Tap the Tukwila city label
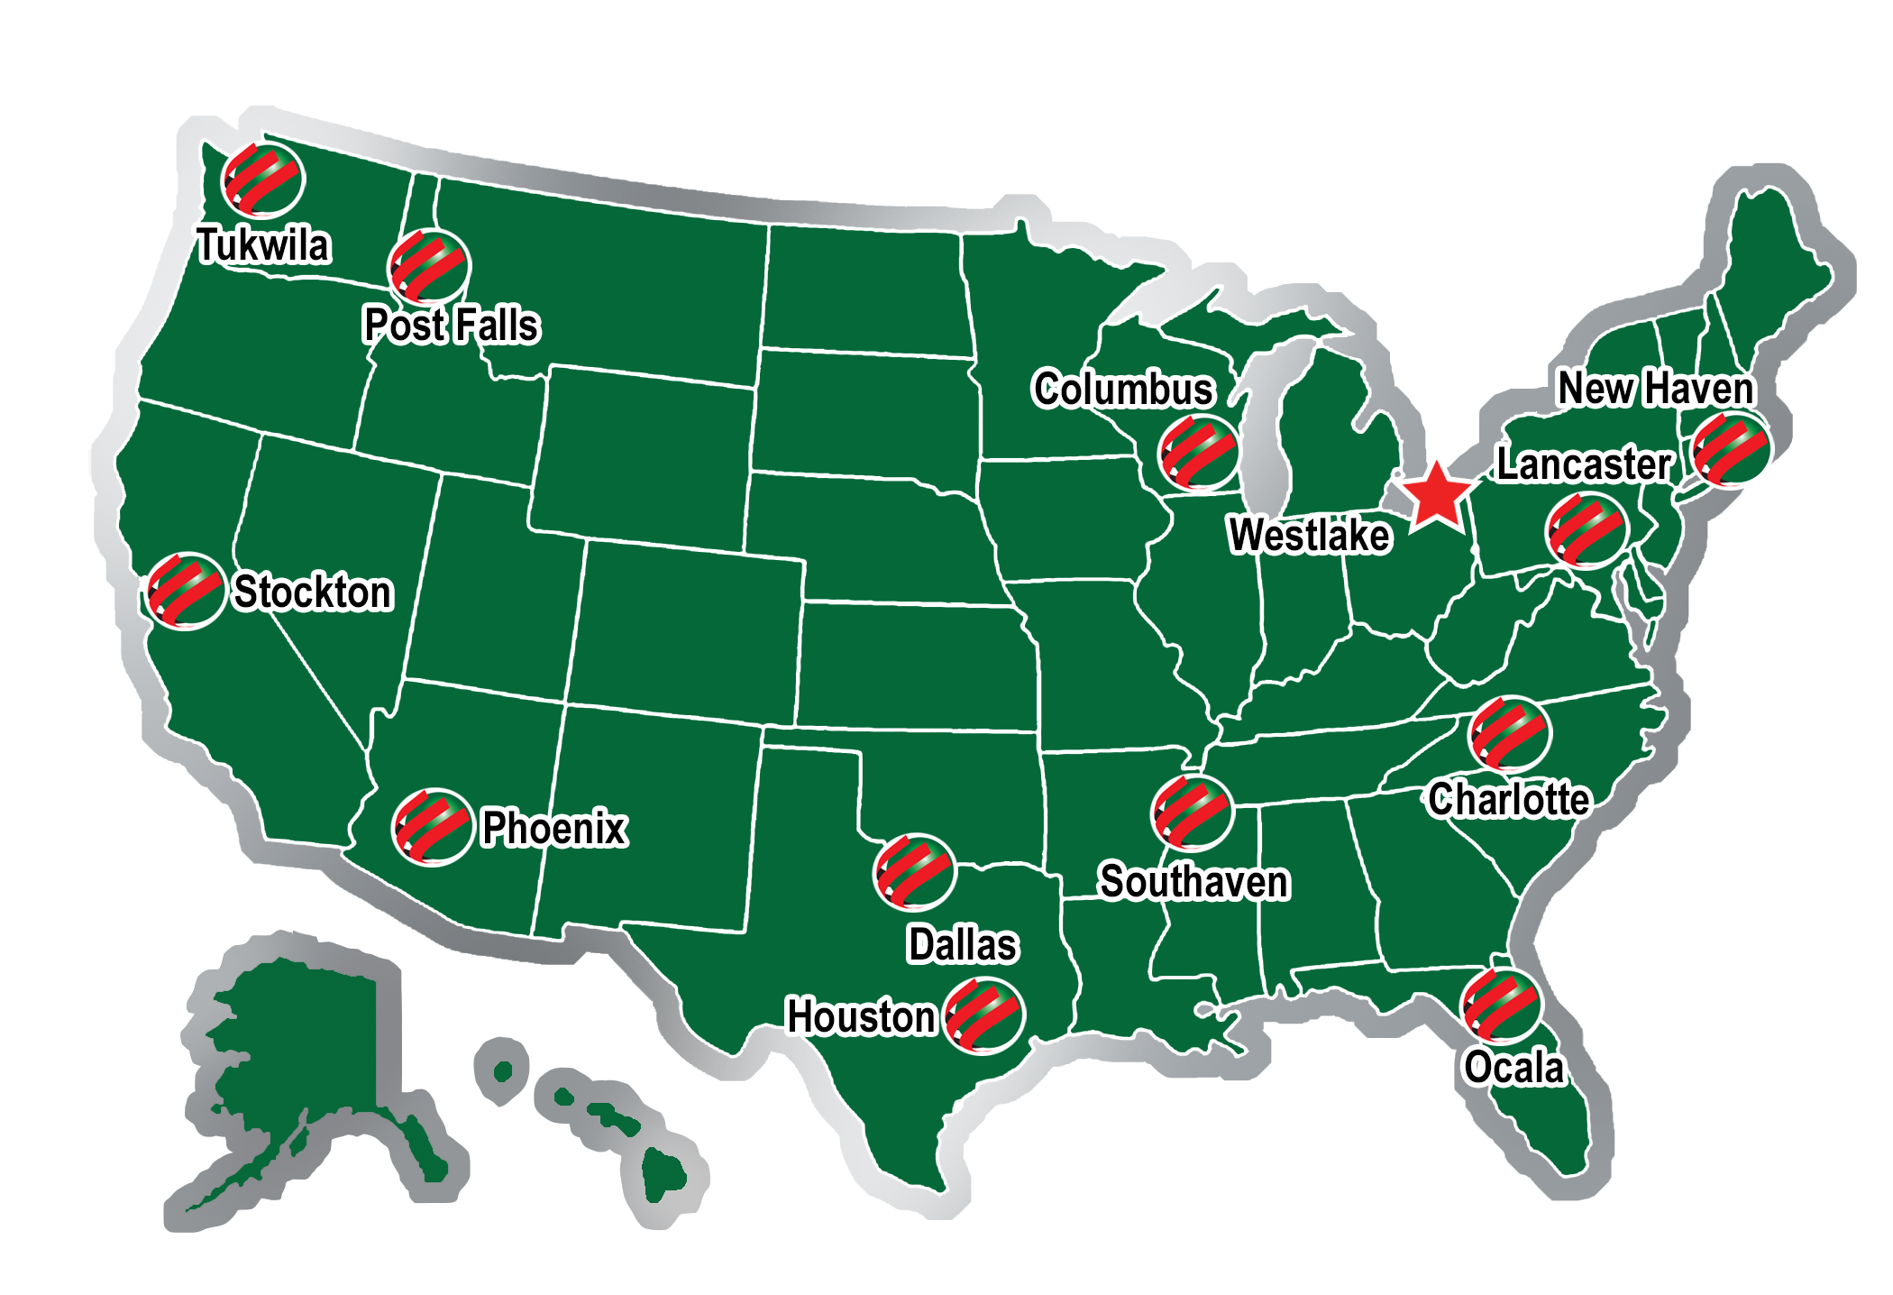pyautogui.click(x=263, y=245)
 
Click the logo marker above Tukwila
pyautogui.click(x=263, y=179)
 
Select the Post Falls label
pyautogui.click(x=451, y=325)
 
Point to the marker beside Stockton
pyautogui.click(x=186, y=591)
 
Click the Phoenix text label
pyautogui.click(x=553, y=828)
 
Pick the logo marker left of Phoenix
pyautogui.click(x=432, y=827)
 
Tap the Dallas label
pyautogui.click(x=962, y=944)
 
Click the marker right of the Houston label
pyautogui.click(x=983, y=1016)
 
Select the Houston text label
pyautogui.click(x=861, y=1016)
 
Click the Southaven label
pyautogui.click(x=1194, y=881)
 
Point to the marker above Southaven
pyautogui.click(x=1192, y=813)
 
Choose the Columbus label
pyautogui.click(x=1123, y=389)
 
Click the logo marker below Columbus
pyautogui.click(x=1198, y=453)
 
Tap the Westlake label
pyautogui.click(x=1309, y=535)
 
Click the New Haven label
pyautogui.click(x=1655, y=389)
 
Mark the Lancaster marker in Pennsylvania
pyautogui.click(x=1586, y=531)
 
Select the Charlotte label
pyautogui.click(x=1509, y=799)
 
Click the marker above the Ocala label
pyautogui.click(x=1501, y=1005)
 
